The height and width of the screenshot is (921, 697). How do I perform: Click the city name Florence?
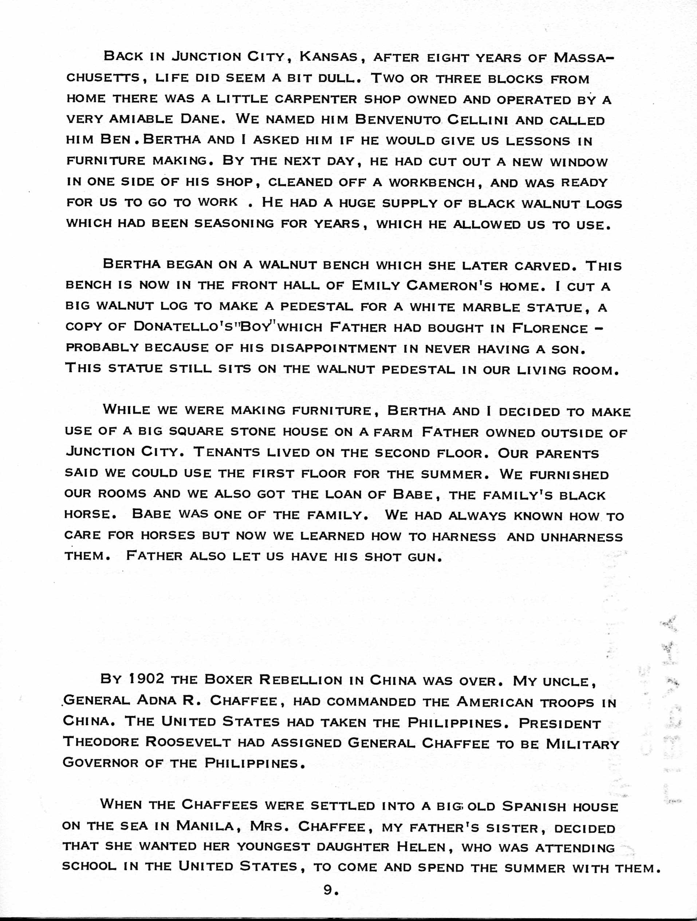[x=549, y=328]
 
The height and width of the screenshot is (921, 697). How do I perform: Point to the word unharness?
[x=581, y=537]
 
